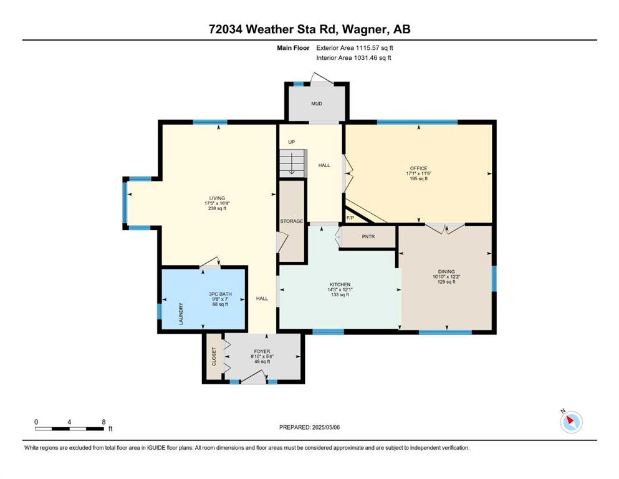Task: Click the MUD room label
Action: [317, 104]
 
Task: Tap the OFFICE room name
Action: [418, 168]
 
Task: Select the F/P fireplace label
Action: [350, 218]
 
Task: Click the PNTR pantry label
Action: [368, 236]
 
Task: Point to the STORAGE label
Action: [292, 221]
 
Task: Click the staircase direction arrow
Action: [292, 163]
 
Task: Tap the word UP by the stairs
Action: [291, 142]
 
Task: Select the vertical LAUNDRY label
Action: [181, 314]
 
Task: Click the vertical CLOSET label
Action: [214, 357]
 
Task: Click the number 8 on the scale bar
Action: [104, 422]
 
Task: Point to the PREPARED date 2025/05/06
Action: [325, 427]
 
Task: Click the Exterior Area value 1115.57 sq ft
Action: [374, 48]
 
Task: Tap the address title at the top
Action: [309, 29]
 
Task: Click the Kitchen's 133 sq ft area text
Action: [340, 294]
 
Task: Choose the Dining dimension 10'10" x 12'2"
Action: [446, 277]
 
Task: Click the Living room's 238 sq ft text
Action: [217, 208]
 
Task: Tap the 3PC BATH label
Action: [220, 294]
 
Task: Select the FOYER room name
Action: [262, 351]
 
